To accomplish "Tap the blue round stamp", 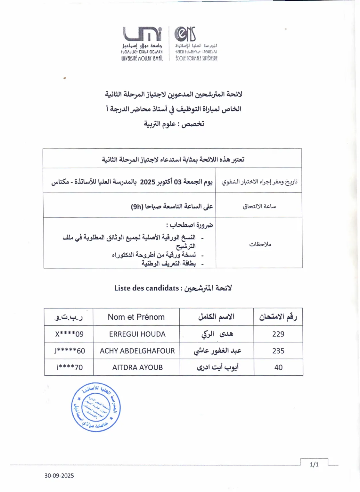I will pyautogui.click(x=96, y=407).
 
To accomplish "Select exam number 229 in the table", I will pyautogui.click(x=278, y=334).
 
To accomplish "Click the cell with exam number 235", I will pyautogui.click(x=278, y=351).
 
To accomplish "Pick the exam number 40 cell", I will pyautogui.click(x=278, y=367).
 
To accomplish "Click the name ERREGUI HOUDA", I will pyautogui.click(x=137, y=334).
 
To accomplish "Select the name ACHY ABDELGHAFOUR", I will pyautogui.click(x=137, y=351).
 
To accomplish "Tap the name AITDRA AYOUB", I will pyautogui.click(x=137, y=367).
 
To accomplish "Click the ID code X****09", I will pyautogui.click(x=69, y=334).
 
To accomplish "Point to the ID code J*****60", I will pyautogui.click(x=70, y=351).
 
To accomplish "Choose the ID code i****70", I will pyautogui.click(x=70, y=367).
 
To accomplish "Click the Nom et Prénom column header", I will pyautogui.click(x=136, y=317).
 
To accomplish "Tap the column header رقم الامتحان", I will pyautogui.click(x=278, y=317).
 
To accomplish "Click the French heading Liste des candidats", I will pyautogui.click(x=146, y=288).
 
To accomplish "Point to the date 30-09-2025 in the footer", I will pyautogui.click(x=59, y=476).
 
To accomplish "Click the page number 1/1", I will pyautogui.click(x=314, y=464).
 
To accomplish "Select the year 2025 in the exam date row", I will pyautogui.click(x=148, y=182).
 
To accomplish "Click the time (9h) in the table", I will pyautogui.click(x=137, y=207).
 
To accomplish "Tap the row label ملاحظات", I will pyautogui.click(x=260, y=244).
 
